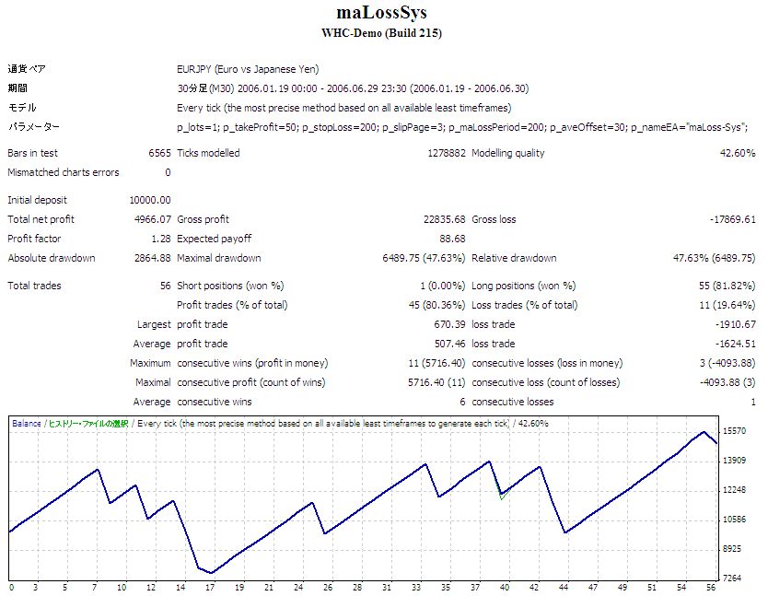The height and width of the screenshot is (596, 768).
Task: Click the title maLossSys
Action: click(382, 14)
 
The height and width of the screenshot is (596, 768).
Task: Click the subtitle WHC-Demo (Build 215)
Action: click(382, 33)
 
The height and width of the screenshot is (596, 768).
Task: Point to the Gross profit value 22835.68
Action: click(440, 219)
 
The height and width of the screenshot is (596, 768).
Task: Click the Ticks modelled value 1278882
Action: click(443, 153)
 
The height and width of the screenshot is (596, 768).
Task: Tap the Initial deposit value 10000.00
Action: click(150, 200)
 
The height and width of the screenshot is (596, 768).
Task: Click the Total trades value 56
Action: click(165, 286)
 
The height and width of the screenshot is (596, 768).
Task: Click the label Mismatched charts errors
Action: click(63, 172)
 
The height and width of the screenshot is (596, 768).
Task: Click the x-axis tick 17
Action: click(212, 587)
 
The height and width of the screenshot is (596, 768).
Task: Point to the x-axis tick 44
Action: click(564, 587)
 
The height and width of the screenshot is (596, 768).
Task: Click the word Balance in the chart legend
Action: click(26, 424)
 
